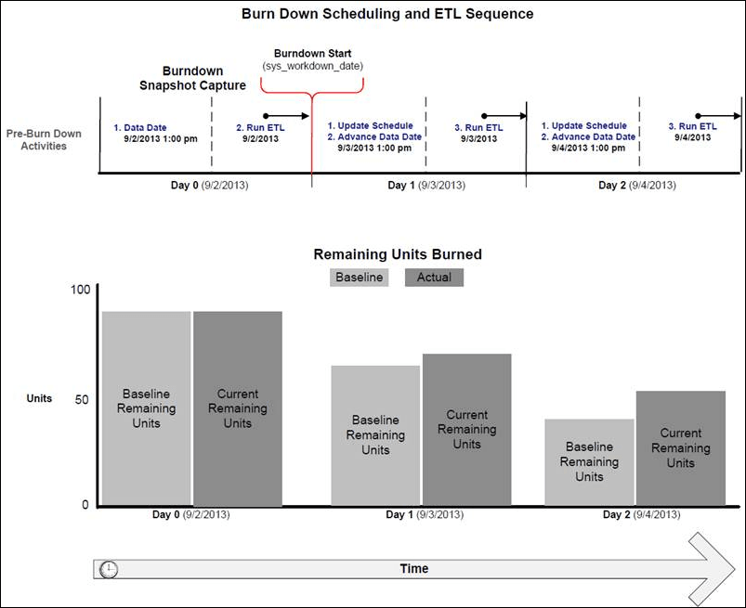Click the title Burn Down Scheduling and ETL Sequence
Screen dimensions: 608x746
(387, 14)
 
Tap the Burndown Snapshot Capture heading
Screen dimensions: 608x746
(191, 78)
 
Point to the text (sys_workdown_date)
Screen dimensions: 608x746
(311, 67)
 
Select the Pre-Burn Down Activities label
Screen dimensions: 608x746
(44, 139)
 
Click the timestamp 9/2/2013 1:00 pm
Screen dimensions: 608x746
(160, 138)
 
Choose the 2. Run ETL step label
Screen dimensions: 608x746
(256, 126)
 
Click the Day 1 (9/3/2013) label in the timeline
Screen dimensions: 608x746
(426, 186)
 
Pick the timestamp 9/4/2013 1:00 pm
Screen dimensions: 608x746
(589, 148)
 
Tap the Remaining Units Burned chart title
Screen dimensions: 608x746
(398, 254)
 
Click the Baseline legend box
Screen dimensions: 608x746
(359, 277)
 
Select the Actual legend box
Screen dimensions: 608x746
(433, 277)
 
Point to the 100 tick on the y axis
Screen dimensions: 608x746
(81, 290)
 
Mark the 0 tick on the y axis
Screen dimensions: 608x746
(85, 505)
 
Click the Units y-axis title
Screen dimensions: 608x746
(39, 398)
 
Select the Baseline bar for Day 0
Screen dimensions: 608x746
(147, 408)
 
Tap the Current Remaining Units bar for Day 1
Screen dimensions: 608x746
(466, 430)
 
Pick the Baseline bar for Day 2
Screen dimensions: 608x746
(589, 462)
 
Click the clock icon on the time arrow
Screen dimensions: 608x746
(109, 569)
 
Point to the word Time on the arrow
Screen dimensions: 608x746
(413, 568)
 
